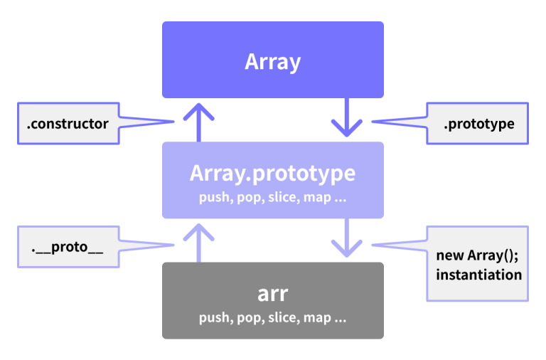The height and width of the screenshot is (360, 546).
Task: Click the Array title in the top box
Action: click(273, 62)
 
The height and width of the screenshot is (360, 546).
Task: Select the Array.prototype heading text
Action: click(273, 174)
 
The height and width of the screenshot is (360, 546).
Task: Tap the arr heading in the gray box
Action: click(273, 295)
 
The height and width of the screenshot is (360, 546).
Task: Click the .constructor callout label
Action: click(68, 124)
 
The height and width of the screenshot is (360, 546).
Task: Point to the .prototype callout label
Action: click(478, 124)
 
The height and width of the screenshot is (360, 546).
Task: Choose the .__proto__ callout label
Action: click(68, 248)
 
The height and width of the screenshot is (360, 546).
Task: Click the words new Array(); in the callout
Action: click(477, 255)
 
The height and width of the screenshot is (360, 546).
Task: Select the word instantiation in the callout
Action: click(478, 275)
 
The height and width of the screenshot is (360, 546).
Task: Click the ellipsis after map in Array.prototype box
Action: click(340, 198)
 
